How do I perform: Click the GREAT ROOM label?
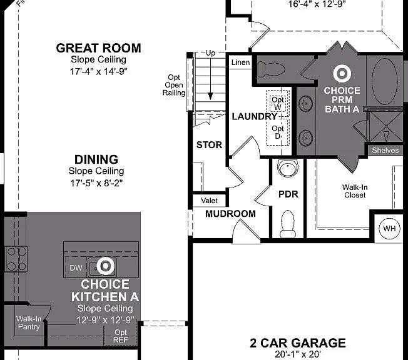pyautogui.click(x=98, y=48)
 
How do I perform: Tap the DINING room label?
pyautogui.click(x=96, y=159)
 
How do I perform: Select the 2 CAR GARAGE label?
pyautogui.click(x=298, y=343)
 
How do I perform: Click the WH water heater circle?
pyautogui.click(x=389, y=229)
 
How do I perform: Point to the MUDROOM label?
pyautogui.click(x=230, y=214)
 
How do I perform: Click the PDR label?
pyautogui.click(x=288, y=194)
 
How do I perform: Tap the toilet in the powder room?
pyautogui.click(x=288, y=224)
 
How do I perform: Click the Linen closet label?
pyautogui.click(x=240, y=62)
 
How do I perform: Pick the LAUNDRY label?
pyautogui.click(x=253, y=116)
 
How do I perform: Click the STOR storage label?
pyautogui.click(x=209, y=145)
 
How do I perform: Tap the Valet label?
pyautogui.click(x=209, y=201)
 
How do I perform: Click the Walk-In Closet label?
pyautogui.click(x=354, y=191)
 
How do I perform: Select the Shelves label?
pyautogui.click(x=385, y=151)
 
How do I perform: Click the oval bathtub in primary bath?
pyautogui.click(x=385, y=81)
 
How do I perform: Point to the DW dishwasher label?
pyautogui.click(x=75, y=267)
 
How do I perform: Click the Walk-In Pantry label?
pyautogui.click(x=29, y=322)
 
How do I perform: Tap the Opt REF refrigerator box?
pyautogui.click(x=120, y=336)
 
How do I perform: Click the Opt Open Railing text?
pyautogui.click(x=174, y=85)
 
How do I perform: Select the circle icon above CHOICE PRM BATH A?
pyautogui.click(x=342, y=74)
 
